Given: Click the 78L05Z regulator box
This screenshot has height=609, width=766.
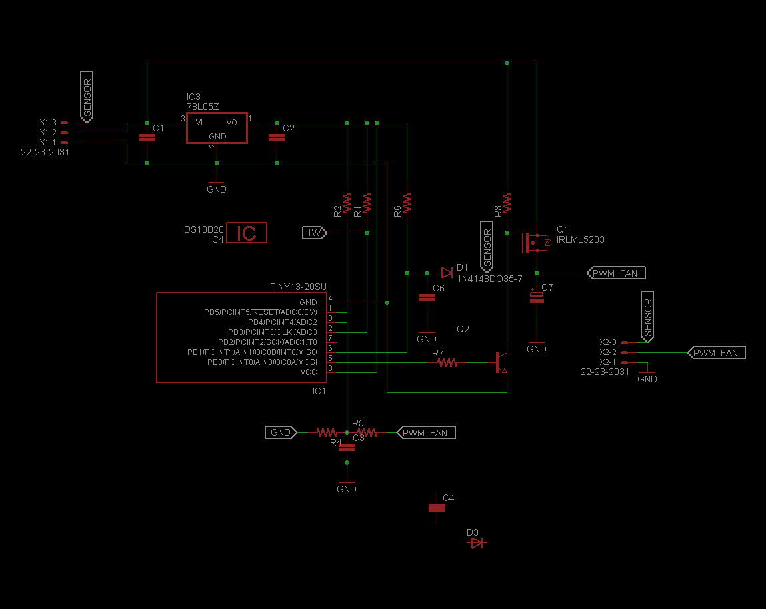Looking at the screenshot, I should (x=217, y=127).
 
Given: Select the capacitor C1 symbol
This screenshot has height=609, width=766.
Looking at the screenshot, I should (x=147, y=137).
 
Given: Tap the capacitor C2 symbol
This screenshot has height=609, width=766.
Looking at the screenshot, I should (x=277, y=137).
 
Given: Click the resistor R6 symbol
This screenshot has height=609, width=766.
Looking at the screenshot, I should (x=407, y=202).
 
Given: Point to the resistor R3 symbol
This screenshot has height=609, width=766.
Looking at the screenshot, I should (x=507, y=202).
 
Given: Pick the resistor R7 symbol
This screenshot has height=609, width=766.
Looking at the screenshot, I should (x=447, y=362).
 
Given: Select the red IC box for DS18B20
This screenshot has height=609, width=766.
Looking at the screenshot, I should (x=247, y=233).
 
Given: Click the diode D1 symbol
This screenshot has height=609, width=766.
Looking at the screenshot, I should (x=447, y=272).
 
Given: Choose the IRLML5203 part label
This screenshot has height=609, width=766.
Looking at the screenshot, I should (x=580, y=239).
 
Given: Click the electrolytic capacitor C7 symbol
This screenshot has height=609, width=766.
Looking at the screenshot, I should (x=537, y=297).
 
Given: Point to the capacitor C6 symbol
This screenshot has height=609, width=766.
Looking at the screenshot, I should (x=427, y=297).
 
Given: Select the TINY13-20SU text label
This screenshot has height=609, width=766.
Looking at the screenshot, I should (x=298, y=287).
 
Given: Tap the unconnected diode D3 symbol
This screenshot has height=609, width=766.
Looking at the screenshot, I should (x=477, y=543).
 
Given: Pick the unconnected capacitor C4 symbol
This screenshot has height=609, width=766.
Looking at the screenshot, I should (x=437, y=508).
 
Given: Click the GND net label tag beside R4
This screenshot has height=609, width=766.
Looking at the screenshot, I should (x=281, y=432).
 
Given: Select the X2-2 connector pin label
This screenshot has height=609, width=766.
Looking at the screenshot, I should (x=608, y=352).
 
